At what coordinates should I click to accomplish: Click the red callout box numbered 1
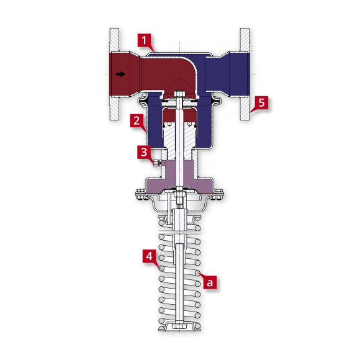click(144, 42)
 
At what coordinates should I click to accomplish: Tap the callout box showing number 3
click(143, 151)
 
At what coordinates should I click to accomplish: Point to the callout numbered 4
click(149, 255)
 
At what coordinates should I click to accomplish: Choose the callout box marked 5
click(261, 103)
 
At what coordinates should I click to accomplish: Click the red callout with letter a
click(210, 282)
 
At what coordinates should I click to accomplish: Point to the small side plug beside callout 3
click(154, 163)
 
